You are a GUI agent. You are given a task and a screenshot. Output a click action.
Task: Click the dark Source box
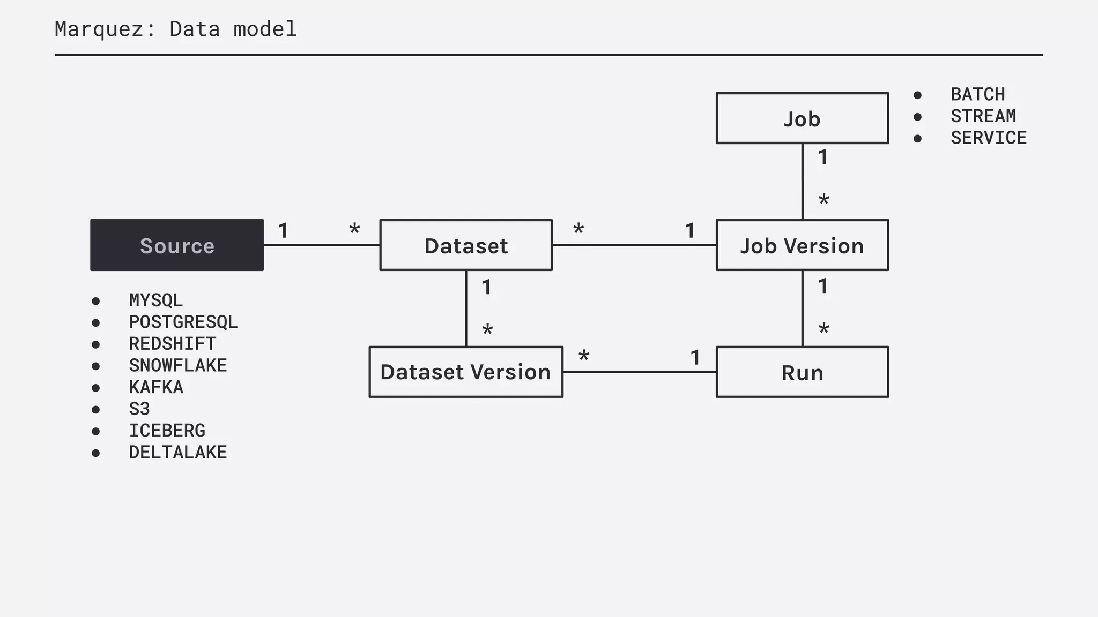coord(177,245)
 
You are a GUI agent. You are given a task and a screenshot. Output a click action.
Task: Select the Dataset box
coord(466,245)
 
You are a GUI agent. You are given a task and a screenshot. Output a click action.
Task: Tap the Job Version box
coord(802,245)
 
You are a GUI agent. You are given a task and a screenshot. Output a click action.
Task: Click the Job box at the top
coord(802,118)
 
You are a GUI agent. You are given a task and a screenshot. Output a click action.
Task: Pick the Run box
coord(802,372)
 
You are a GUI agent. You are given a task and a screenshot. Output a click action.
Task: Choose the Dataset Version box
coord(466,372)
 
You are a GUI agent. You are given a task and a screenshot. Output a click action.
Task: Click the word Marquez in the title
coord(99,29)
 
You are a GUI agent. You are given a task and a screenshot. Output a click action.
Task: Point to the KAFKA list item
coord(156,387)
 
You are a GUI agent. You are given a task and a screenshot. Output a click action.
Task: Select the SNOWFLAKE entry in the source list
coord(178,365)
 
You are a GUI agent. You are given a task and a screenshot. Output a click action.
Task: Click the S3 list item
coord(139,409)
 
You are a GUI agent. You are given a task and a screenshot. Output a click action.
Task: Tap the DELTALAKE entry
coord(178,452)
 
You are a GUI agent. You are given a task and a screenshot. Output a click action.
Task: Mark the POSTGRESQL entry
coord(183,322)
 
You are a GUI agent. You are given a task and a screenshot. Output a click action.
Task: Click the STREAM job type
coord(983,116)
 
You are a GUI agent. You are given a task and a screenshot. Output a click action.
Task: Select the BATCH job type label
coord(978,94)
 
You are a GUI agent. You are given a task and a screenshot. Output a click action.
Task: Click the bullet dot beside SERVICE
coord(917,139)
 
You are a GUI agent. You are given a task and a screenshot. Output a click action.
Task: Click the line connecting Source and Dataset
coord(322,245)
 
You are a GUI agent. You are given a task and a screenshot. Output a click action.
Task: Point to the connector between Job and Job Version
coord(802,181)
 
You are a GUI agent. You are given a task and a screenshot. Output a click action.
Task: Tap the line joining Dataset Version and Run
coord(639,372)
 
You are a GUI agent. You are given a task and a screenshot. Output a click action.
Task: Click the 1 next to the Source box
coord(283,231)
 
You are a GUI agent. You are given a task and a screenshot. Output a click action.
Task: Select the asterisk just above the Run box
coord(824,329)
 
